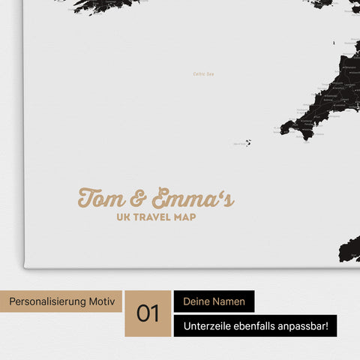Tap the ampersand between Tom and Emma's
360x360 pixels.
point(138,199)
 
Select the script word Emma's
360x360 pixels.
point(191,199)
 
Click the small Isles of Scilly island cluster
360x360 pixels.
point(247,142)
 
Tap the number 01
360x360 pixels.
point(148,313)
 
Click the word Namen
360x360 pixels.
point(231,301)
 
